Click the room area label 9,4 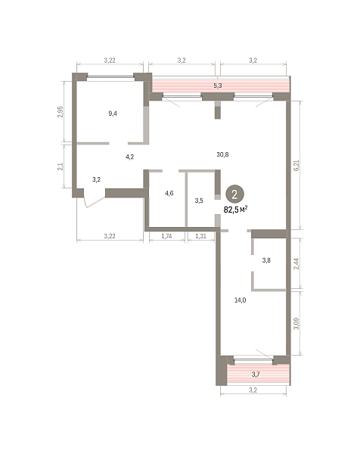(x=113, y=113)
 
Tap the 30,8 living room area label (x=222, y=154)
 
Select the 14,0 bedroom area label (x=240, y=300)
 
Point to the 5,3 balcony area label (x=218, y=86)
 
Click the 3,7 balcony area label (x=256, y=375)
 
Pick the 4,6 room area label (x=169, y=193)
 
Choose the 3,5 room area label (x=199, y=201)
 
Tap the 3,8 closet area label (x=266, y=260)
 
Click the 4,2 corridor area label (x=129, y=157)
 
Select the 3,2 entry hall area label (x=96, y=180)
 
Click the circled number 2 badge (x=234, y=194)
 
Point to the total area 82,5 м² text (x=235, y=210)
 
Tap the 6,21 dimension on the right (x=296, y=165)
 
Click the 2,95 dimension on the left (x=61, y=112)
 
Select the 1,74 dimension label (x=166, y=236)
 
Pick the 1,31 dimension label (x=200, y=236)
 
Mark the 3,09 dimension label (x=296, y=323)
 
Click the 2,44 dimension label (x=296, y=264)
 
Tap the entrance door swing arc (x=95, y=203)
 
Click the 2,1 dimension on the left (x=61, y=166)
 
